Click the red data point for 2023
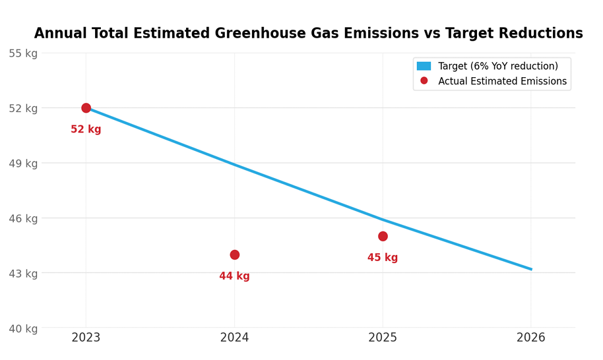pos(86,108)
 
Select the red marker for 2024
pos(234,255)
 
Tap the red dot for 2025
pos(383,236)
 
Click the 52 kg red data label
pos(86,130)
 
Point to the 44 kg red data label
pos(234,276)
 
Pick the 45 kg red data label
pos(383,258)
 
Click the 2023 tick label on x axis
pos(86,338)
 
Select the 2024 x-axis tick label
pos(234,338)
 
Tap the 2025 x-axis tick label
pos(383,338)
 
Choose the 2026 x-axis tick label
pos(531,338)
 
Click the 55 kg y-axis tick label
pos(23,53)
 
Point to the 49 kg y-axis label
pos(23,164)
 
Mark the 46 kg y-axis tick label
pos(23,218)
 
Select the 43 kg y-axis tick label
pos(23,274)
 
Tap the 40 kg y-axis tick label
pos(23,328)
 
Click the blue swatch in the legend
pos(424,66)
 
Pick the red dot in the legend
pos(424,81)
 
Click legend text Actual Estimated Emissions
pos(502,81)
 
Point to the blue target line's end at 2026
pos(530,269)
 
